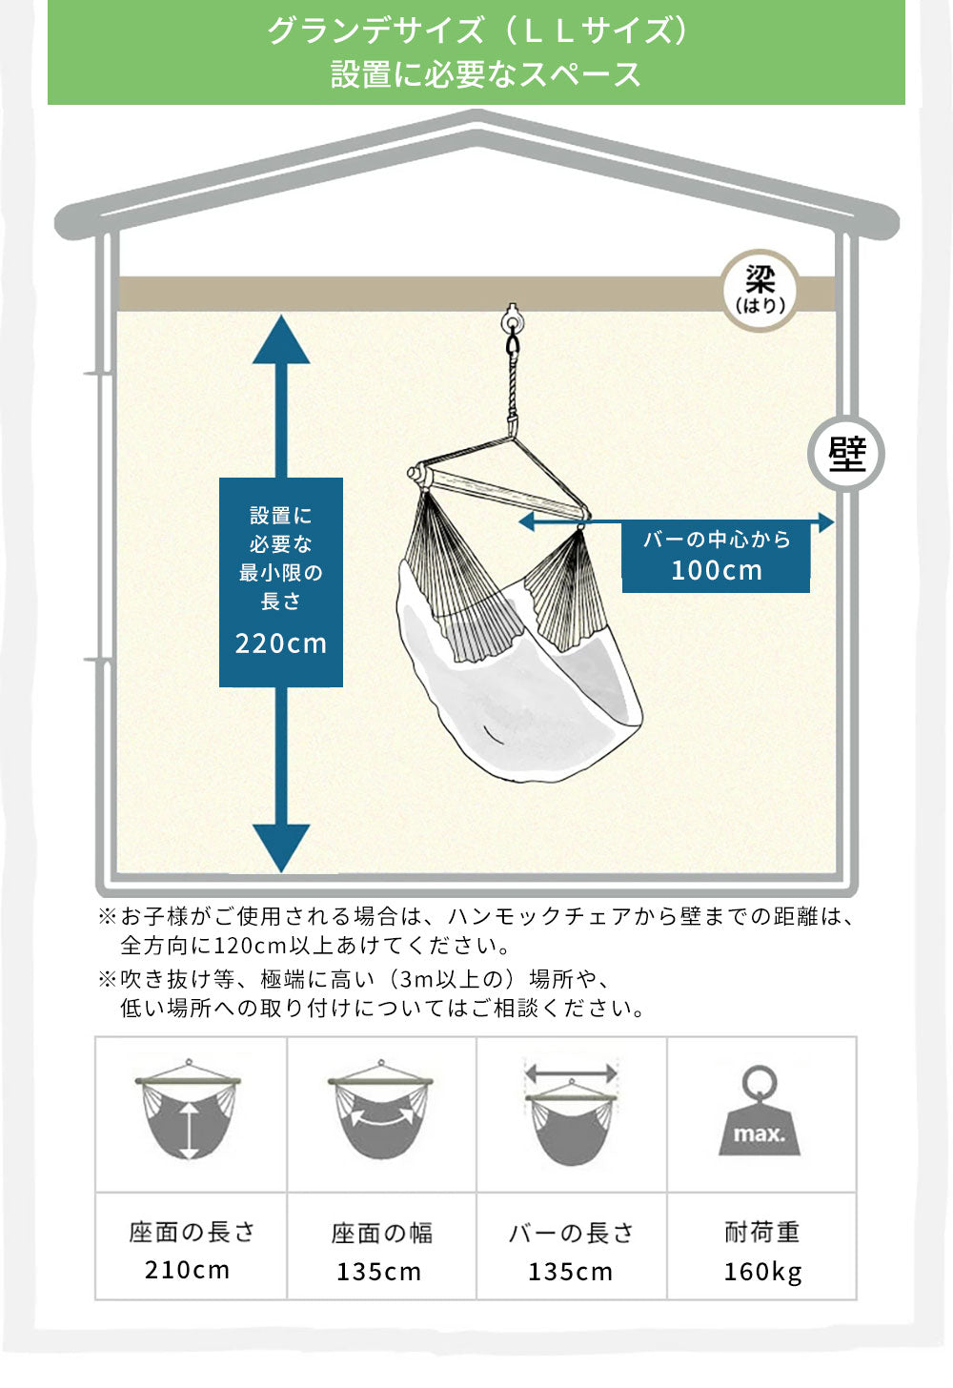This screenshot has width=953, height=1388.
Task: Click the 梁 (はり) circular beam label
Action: [x=760, y=290]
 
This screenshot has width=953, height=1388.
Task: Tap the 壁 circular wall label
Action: [x=846, y=455]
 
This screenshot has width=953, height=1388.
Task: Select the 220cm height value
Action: [x=281, y=643]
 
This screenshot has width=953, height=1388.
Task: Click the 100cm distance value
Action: [x=717, y=571]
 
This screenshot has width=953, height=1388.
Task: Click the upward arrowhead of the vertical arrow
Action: [x=281, y=340]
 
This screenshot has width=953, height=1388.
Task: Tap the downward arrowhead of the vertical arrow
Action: [x=281, y=846]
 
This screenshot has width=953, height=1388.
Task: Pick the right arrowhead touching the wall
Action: [x=825, y=522]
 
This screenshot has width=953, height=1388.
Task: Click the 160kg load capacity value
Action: [x=762, y=1272]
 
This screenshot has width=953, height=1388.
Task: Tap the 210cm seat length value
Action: [x=188, y=1271]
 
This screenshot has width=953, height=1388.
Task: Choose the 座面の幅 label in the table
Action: [x=381, y=1234]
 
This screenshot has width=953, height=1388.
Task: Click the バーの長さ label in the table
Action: [x=571, y=1234]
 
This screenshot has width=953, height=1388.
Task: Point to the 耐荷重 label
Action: [x=761, y=1233]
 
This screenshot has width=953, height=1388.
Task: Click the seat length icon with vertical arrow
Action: [x=190, y=1112]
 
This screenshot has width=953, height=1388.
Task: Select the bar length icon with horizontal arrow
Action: [x=571, y=1112]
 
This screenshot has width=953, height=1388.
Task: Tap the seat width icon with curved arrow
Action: [x=380, y=1112]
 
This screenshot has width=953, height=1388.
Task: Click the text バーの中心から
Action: [x=717, y=540]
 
